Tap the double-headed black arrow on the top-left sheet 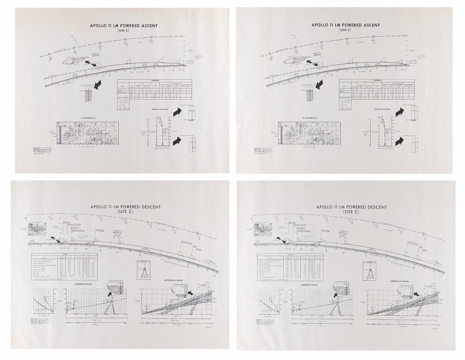(x=91, y=64)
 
